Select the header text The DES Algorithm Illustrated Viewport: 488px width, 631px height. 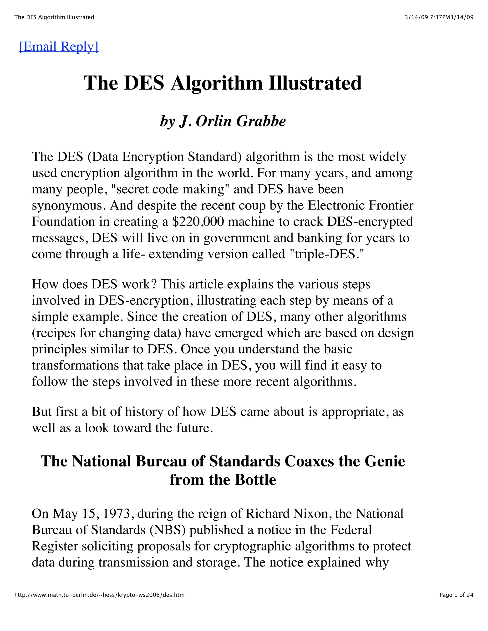(54, 17)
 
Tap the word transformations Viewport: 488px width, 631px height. (75, 365)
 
